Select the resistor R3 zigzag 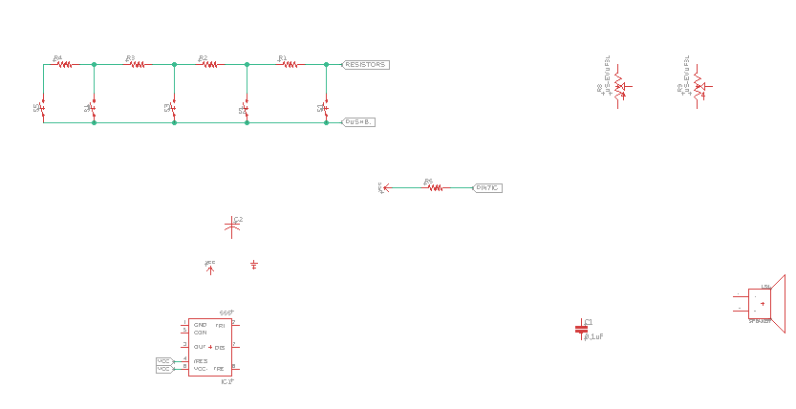point(137,65)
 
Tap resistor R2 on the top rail point(209,65)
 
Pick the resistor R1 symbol point(290,65)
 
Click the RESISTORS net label point(366,65)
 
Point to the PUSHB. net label point(359,122)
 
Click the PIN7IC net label point(487,188)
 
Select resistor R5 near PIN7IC point(435,187)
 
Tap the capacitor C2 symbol point(232,226)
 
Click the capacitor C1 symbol point(581,329)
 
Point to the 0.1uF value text point(594,337)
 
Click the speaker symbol point(764,303)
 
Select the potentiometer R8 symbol point(618,86)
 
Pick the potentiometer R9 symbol point(698,86)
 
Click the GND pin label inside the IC point(200,325)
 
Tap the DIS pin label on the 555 point(220,347)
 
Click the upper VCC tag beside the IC point(163,360)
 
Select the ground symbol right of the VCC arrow point(254,264)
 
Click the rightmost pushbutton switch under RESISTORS point(326,107)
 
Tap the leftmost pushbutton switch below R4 point(43,107)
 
